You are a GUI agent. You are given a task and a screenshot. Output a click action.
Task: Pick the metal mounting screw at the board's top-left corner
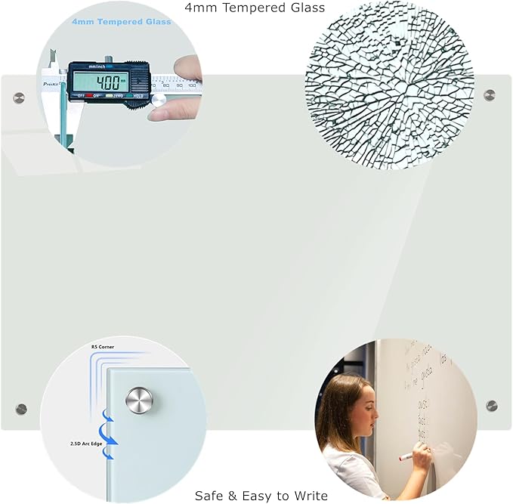tap(19, 97)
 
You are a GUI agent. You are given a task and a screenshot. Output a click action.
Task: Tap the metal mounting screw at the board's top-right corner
tap(490, 95)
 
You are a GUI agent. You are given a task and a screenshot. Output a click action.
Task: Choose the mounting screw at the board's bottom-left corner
tap(21, 409)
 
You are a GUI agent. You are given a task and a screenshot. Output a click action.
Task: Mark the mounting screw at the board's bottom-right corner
tap(492, 406)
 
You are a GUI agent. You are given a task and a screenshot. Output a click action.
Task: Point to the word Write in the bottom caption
tap(311, 496)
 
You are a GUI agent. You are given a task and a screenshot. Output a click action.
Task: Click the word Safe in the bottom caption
tap(209, 496)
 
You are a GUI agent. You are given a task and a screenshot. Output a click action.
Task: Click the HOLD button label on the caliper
tap(139, 96)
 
